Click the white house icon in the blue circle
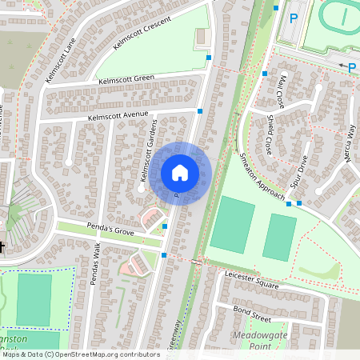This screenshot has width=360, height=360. [x=179, y=173]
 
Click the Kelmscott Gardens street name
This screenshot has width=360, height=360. [x=145, y=159]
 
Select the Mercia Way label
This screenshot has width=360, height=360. [x=347, y=144]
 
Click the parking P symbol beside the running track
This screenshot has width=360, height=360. [x=294, y=18]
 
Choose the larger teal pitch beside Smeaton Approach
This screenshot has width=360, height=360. [x=232, y=225]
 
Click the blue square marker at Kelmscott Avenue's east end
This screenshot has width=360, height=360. [x=200, y=112]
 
